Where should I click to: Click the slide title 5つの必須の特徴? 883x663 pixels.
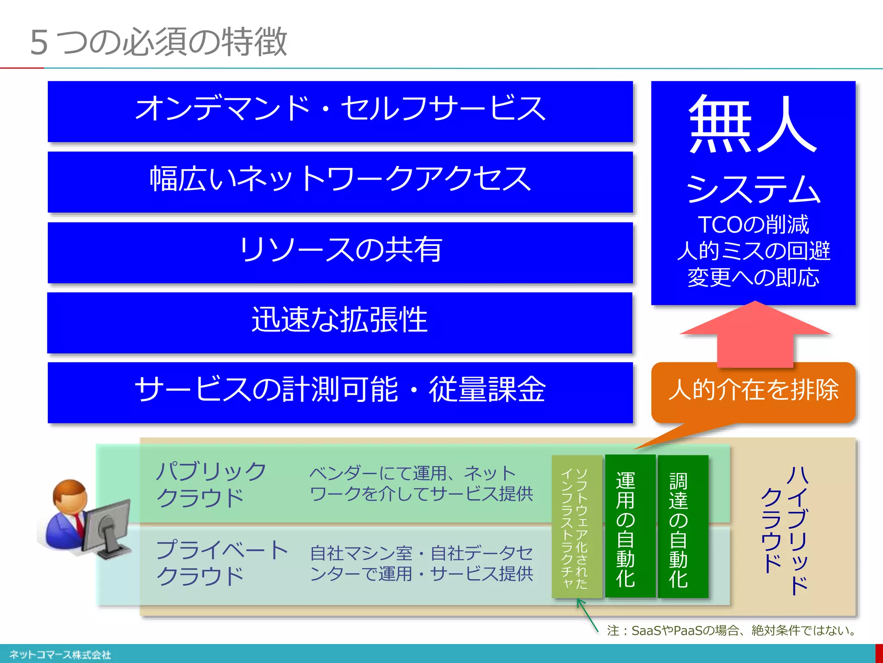point(158,42)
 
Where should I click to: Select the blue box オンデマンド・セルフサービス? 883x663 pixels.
point(340,111)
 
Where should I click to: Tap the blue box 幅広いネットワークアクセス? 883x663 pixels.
point(340,181)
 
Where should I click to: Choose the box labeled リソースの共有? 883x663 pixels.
point(340,252)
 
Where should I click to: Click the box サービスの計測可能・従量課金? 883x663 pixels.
point(340,392)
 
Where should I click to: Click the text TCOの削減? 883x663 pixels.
point(753,224)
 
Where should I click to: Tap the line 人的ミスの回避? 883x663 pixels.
point(753,251)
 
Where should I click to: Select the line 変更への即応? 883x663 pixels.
point(753,277)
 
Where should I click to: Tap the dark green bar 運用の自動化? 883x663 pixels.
point(630,527)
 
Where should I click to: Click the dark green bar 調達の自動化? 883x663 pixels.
point(683,527)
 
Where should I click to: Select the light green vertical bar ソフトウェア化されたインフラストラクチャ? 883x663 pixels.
point(577,527)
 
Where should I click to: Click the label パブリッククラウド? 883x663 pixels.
point(211,484)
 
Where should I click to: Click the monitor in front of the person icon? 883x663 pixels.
point(108,527)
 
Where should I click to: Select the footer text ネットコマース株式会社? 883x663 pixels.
point(60,655)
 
